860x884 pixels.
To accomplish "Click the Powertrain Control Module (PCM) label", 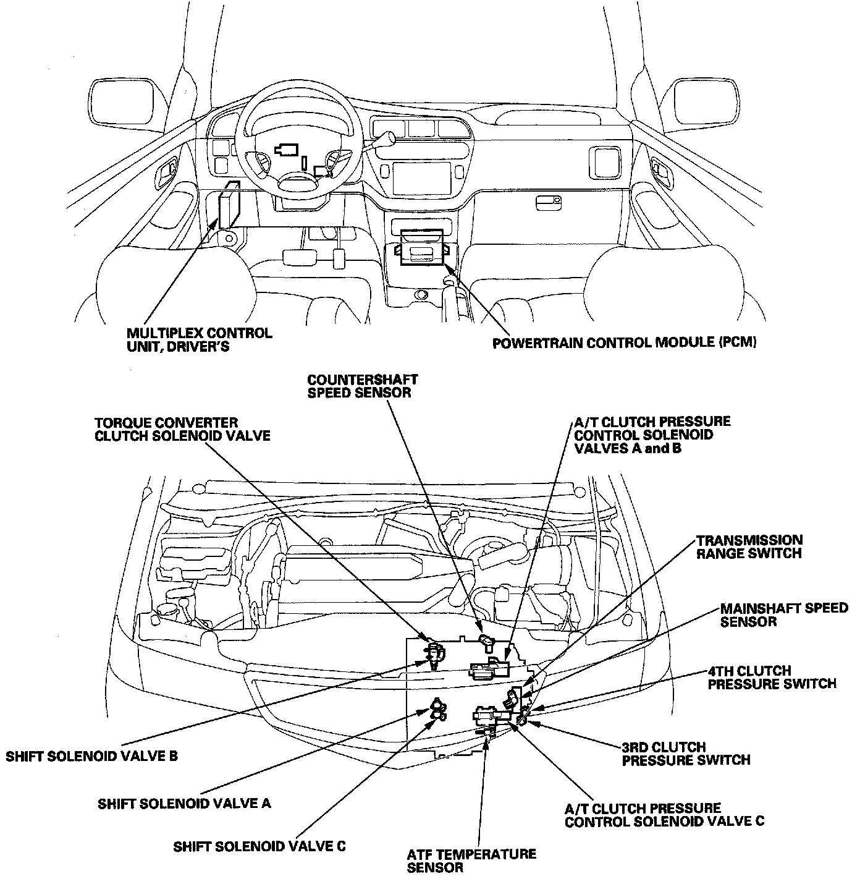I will click(624, 342).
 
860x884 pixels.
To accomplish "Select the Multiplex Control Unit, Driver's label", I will click(199, 339).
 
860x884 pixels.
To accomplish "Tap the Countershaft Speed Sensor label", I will click(363, 386).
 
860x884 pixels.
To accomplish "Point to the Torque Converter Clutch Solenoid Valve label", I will click(182, 429).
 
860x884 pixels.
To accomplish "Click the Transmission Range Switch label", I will click(749, 546).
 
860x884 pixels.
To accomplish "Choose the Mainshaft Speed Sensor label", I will click(783, 614).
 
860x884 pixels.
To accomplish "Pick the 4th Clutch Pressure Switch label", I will click(772, 677).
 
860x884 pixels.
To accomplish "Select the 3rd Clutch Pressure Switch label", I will click(686, 753).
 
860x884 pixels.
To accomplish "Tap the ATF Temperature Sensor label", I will click(471, 861).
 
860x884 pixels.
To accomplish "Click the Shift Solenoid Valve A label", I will click(184, 803).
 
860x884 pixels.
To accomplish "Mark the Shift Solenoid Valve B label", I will click(91, 755).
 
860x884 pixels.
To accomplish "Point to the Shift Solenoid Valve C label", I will click(259, 846).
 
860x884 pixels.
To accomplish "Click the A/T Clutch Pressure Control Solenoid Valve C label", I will click(664, 815).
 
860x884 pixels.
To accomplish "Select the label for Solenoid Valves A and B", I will click(652, 435).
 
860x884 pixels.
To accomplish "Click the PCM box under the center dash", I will click(421, 248).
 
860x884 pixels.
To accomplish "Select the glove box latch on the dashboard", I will click(548, 201).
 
